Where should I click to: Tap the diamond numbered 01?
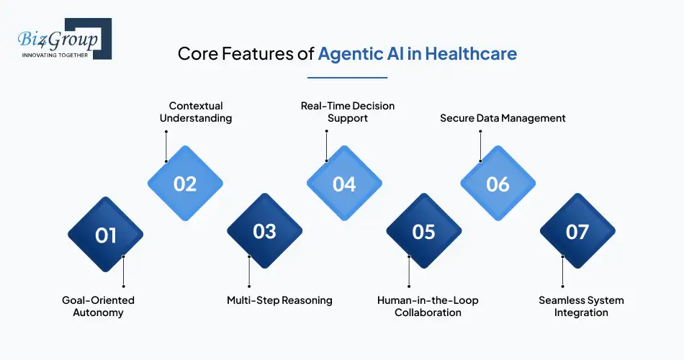[105, 235]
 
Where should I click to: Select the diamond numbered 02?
[185, 184]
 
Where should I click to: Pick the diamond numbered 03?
[264, 231]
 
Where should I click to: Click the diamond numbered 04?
[344, 184]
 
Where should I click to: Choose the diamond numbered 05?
[423, 231]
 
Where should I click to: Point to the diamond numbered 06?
[498, 184]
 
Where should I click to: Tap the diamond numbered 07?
[577, 231]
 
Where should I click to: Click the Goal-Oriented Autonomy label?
[98, 306]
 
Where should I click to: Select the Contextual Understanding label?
[196, 112]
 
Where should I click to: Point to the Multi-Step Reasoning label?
[279, 300]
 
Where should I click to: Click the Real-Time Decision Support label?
[348, 112]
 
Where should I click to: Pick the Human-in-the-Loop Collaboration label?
[428, 306]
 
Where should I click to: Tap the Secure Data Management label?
[503, 118]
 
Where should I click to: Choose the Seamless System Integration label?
[581, 306]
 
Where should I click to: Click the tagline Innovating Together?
[55, 55]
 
